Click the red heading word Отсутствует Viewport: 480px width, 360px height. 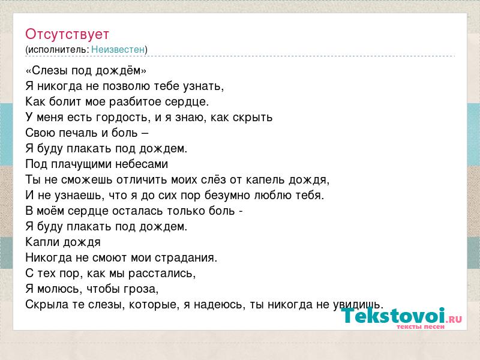click(67, 34)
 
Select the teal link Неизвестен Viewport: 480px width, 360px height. click(118, 50)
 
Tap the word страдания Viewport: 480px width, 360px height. click(186, 258)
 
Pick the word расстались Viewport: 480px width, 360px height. click(162, 274)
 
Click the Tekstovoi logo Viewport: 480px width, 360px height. click(401, 316)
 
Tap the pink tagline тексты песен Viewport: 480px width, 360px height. click(421, 327)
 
